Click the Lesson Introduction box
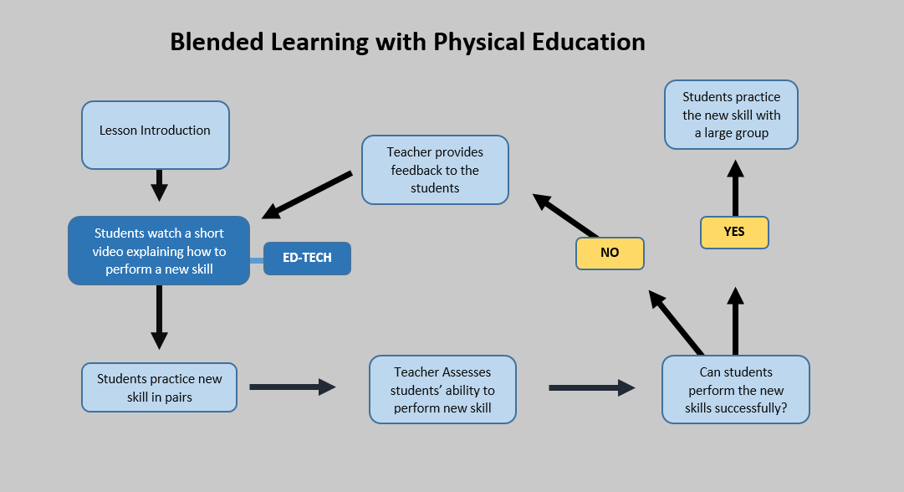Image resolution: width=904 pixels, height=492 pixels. click(x=155, y=134)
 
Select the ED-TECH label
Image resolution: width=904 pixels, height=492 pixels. click(x=307, y=259)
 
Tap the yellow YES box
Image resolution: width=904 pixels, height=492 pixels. click(x=733, y=233)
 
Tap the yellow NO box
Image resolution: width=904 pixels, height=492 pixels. click(x=610, y=253)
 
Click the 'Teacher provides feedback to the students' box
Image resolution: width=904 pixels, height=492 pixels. click(x=435, y=170)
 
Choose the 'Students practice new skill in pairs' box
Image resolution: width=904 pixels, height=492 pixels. click(x=159, y=387)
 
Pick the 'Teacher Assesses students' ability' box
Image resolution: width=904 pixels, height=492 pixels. click(x=442, y=390)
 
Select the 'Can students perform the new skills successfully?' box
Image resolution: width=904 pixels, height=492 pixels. click(x=735, y=390)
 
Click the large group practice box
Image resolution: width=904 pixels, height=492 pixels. click(x=731, y=115)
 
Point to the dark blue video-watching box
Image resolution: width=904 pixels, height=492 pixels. click(x=159, y=250)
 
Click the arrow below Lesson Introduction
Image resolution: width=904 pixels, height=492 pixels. click(x=159, y=185)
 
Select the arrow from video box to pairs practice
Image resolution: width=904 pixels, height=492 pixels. click(x=159, y=317)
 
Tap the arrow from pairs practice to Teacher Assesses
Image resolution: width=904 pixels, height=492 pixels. click(x=292, y=387)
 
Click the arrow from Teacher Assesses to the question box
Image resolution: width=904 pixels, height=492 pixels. click(x=591, y=387)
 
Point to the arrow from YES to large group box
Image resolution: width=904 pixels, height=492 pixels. click(x=735, y=188)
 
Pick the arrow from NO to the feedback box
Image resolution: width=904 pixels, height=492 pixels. click(x=566, y=215)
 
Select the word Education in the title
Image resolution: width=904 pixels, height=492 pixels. click(x=590, y=42)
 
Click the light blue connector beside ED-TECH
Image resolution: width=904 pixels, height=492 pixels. click(x=257, y=261)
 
